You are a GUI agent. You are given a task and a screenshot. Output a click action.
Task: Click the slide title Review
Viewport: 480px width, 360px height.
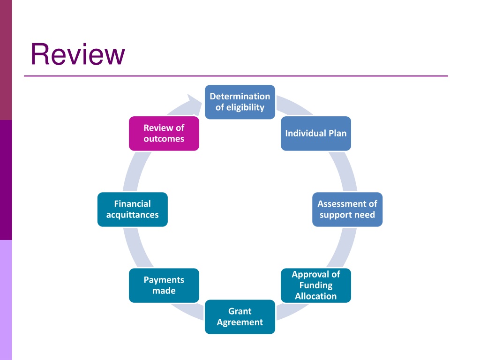[78, 54]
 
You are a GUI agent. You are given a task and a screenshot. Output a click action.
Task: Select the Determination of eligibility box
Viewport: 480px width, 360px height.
[240, 102]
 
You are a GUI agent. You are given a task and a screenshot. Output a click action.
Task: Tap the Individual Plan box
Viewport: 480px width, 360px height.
[316, 134]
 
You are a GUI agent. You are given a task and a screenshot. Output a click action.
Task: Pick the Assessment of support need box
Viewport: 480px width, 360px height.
[347, 210]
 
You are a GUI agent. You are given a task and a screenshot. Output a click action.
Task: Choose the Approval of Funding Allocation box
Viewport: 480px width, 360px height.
[316, 285]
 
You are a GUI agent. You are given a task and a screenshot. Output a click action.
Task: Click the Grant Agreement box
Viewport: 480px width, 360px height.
[240, 317]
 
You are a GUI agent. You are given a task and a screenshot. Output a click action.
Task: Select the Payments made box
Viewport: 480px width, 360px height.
[164, 285]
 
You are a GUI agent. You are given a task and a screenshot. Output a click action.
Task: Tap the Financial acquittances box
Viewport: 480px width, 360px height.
[133, 210]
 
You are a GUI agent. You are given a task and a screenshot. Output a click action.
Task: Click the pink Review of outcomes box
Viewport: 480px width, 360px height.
[164, 134]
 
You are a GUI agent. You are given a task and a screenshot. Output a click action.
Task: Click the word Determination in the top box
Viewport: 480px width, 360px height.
[240, 97]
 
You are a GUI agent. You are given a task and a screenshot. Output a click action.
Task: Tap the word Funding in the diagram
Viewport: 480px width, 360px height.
[316, 285]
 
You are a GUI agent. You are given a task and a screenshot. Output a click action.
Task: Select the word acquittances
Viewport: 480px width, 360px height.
[133, 215]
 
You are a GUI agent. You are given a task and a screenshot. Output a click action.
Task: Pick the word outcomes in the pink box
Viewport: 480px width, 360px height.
[164, 139]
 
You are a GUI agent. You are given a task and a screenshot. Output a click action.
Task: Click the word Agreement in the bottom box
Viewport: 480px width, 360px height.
[240, 322]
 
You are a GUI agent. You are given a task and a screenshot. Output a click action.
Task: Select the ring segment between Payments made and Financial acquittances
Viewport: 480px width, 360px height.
[136, 247]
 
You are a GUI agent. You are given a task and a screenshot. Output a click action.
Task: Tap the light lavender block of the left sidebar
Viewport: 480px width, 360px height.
[6, 300]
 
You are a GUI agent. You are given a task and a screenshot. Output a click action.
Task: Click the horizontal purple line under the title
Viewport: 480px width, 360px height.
[236, 76]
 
